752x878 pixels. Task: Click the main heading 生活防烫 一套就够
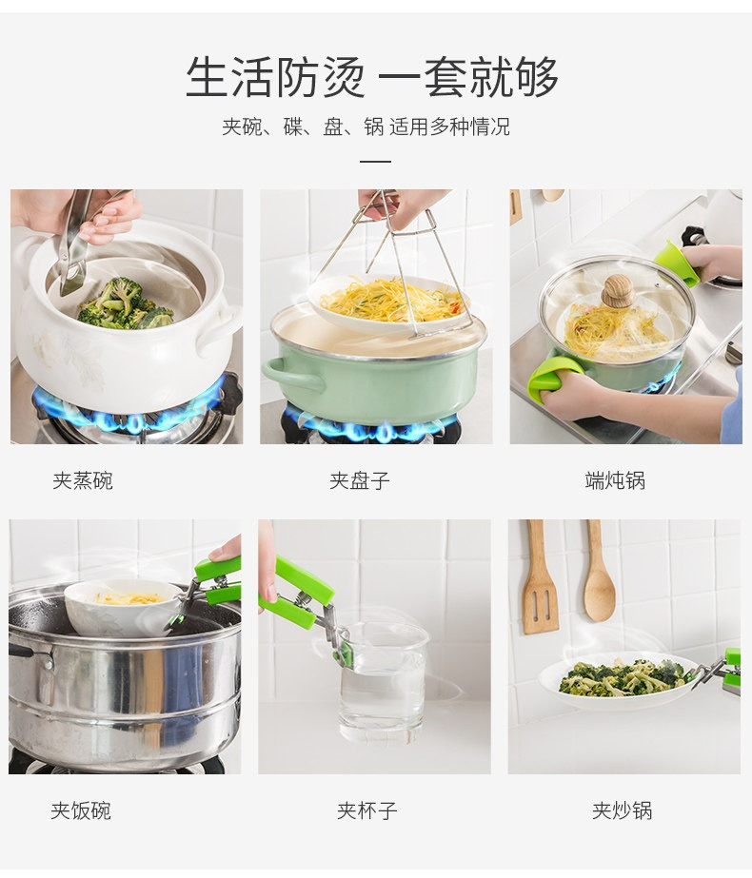(372, 77)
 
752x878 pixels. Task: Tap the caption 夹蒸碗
(83, 481)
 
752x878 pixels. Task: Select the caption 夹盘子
(360, 481)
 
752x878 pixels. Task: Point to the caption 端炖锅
(615, 481)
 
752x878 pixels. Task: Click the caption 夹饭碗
(81, 810)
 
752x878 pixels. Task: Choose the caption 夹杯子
(367, 810)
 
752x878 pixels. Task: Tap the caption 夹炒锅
(623, 810)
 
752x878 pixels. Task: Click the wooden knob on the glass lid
(618, 291)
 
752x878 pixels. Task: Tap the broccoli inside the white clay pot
(124, 304)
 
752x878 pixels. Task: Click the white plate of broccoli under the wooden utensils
(619, 681)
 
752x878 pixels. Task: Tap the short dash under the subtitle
(375, 162)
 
